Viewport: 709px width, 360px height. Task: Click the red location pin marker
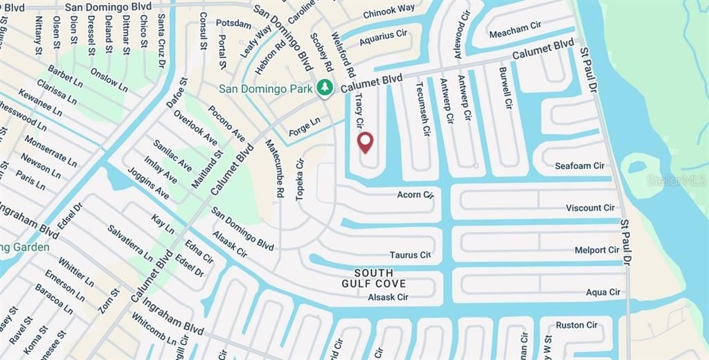coord(365,143)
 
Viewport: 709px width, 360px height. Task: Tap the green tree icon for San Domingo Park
coord(323,88)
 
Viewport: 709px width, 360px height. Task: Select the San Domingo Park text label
coord(266,89)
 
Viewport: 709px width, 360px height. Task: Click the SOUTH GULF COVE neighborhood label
coord(373,278)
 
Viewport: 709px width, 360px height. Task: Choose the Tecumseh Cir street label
coord(420,103)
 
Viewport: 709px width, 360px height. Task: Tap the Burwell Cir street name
coord(506,88)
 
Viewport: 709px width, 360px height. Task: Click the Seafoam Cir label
coord(580,166)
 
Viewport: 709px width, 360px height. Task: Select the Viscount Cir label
coord(590,208)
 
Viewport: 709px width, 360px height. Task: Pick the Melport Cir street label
coord(597,250)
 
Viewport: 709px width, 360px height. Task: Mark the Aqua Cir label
coord(603,292)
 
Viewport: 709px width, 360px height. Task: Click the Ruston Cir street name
coord(576,325)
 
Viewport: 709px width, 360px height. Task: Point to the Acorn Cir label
coord(415,195)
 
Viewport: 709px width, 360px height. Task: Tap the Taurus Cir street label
coord(409,255)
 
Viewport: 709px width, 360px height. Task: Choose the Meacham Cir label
coord(515,28)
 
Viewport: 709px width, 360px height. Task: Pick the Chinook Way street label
coord(389,10)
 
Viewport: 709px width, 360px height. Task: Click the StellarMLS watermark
coord(676,181)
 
